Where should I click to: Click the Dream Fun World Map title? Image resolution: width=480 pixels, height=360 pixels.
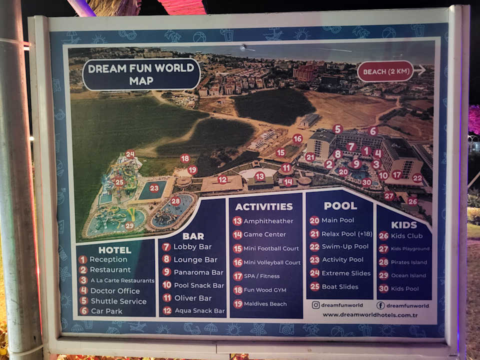(141, 74)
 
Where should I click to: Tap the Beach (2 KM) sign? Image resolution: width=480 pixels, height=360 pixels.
(385, 71)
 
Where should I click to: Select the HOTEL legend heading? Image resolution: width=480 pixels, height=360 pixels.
(114, 250)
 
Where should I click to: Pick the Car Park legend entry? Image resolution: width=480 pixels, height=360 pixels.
(106, 311)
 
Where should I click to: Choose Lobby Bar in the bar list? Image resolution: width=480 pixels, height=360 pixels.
(192, 247)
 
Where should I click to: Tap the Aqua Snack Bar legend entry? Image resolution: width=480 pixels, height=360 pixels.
(199, 311)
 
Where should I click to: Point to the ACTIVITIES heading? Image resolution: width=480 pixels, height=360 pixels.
(264, 206)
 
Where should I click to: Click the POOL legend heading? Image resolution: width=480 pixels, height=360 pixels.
(340, 205)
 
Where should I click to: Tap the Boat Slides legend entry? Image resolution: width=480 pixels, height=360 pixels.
(340, 286)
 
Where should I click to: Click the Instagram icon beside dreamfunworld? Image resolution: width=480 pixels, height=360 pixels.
(315, 305)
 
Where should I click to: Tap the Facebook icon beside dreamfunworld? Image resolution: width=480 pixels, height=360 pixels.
(380, 305)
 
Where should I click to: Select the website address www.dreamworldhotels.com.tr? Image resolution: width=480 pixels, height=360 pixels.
(370, 314)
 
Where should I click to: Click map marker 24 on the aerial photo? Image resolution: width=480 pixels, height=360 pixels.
(130, 154)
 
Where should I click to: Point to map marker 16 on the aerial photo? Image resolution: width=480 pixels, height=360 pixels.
(297, 138)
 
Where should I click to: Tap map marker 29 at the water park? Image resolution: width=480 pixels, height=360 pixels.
(129, 226)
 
